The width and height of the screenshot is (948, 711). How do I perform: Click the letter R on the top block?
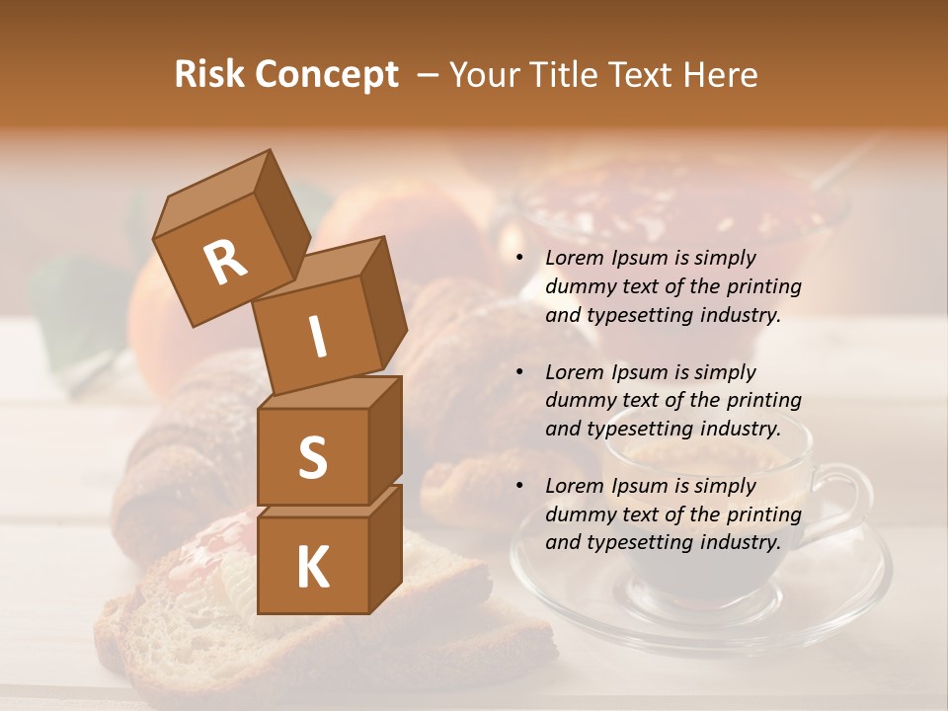pyautogui.click(x=226, y=262)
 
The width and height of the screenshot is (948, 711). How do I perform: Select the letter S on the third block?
pyautogui.click(x=312, y=457)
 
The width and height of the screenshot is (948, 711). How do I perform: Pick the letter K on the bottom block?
pyautogui.click(x=312, y=567)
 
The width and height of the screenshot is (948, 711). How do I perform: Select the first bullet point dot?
pyautogui.click(x=519, y=259)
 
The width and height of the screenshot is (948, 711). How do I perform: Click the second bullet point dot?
pyautogui.click(x=519, y=373)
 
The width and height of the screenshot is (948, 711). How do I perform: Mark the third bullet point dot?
pyautogui.click(x=519, y=487)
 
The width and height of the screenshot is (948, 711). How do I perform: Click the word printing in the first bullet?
pyautogui.click(x=763, y=287)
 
